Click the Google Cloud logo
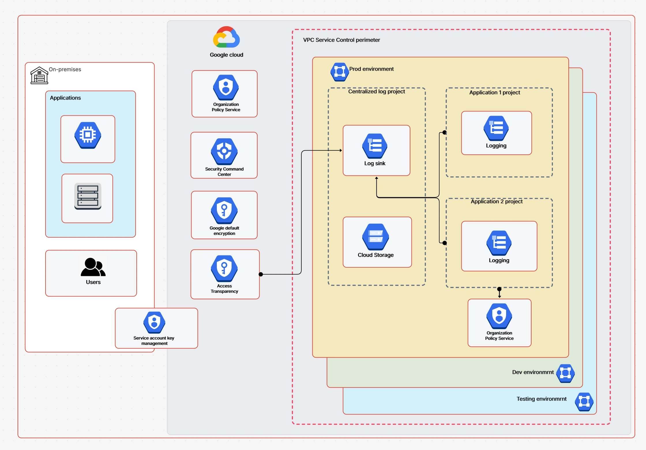click(226, 37)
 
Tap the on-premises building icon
click(39, 75)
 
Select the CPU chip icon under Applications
click(88, 135)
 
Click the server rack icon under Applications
click(88, 196)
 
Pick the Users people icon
click(93, 267)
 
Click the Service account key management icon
click(154, 322)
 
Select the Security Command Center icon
click(224, 152)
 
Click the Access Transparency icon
click(224, 268)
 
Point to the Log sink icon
click(375, 146)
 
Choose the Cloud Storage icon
click(375, 237)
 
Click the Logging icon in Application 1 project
click(496, 128)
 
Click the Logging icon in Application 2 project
click(499, 243)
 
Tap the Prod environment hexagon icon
click(339, 72)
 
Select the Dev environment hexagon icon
click(565, 373)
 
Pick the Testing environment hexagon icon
click(584, 402)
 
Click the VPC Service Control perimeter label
click(341, 40)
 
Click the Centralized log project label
click(376, 92)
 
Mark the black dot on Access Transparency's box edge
click(261, 274)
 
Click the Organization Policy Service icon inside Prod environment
click(499, 316)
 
